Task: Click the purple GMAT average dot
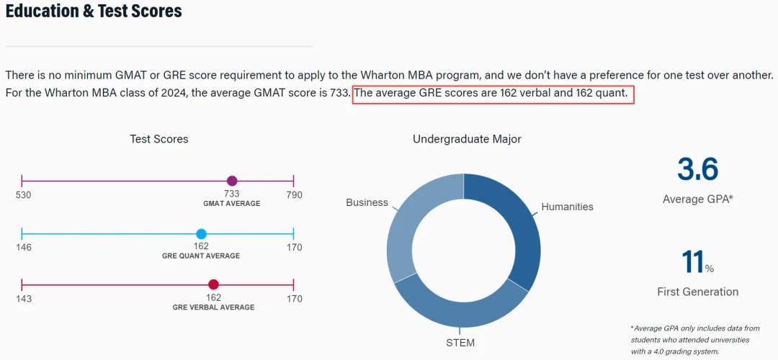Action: pos(232,181)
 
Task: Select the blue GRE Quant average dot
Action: pos(202,234)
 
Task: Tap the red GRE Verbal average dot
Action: pos(213,284)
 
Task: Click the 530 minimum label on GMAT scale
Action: pos(23,195)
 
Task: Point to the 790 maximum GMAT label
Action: pos(294,195)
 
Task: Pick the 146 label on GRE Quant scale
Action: pos(23,247)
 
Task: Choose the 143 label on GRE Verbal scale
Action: pos(23,299)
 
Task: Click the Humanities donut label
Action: pos(567,207)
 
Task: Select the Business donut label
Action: pos(367,202)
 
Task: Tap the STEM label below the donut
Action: pos(460,343)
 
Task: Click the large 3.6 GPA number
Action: pos(697,170)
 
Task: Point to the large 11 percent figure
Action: pos(694,262)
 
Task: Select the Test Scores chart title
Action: pos(158,139)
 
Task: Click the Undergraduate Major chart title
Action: pos(467,140)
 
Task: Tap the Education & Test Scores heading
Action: pos(93,11)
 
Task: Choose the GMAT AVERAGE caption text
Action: pos(232,203)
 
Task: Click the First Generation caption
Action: pos(697,292)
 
